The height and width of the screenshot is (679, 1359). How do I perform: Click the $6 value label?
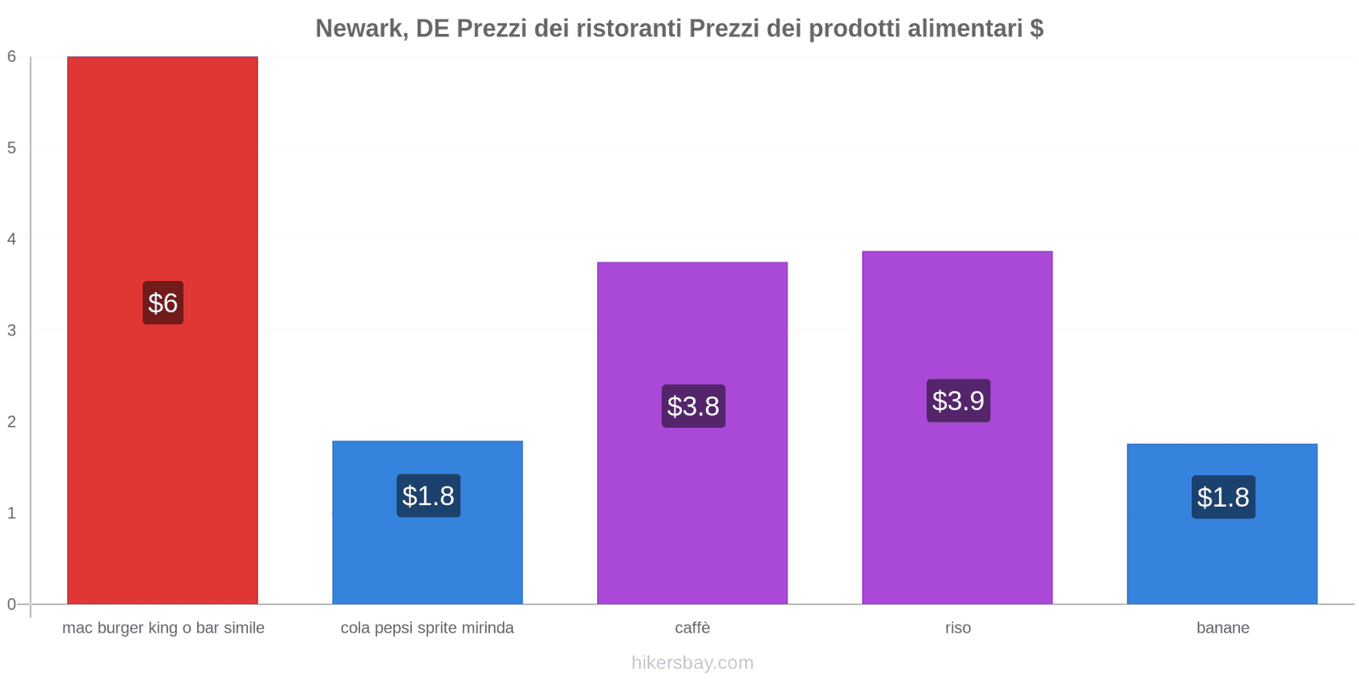point(163,303)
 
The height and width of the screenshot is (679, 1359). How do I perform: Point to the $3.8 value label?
point(693,407)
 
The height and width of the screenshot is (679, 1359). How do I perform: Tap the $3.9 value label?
point(958,401)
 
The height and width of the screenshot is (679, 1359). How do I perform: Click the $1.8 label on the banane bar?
point(1223,497)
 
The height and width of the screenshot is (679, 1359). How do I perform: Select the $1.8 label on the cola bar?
point(428,496)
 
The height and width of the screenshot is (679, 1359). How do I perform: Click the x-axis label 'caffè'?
point(692,628)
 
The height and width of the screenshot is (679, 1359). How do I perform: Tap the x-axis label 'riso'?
point(957,628)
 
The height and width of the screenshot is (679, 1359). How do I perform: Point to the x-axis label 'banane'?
point(1222,628)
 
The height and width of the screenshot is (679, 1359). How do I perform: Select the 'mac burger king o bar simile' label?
point(163,628)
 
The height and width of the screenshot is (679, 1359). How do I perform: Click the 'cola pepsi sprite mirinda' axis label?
point(427,628)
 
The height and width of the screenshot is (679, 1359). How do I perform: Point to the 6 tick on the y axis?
point(12,57)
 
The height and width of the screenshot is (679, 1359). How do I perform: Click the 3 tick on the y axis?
point(12,330)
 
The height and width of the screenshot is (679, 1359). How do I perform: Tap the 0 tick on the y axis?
point(12,604)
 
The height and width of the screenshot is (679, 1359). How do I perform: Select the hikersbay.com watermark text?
point(692,663)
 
